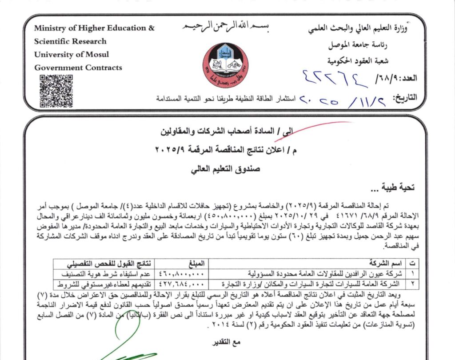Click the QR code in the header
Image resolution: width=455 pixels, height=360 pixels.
tap(56, 91)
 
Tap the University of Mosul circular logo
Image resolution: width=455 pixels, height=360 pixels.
tap(225, 65)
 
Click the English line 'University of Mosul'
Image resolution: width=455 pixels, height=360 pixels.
tap(71, 55)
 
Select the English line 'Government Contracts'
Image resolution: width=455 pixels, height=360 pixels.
tap(78, 68)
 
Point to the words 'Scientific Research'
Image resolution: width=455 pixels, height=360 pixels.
tap(70, 41)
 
